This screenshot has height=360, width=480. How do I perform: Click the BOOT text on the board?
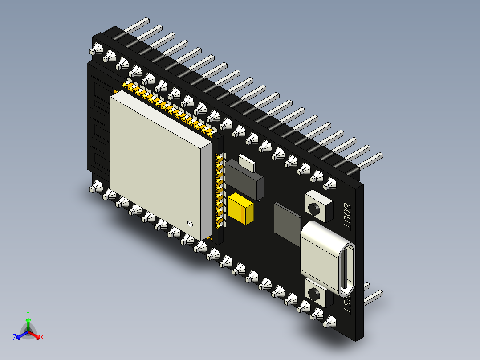[x=347, y=216]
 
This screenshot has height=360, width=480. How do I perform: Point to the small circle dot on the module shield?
[x=190, y=223]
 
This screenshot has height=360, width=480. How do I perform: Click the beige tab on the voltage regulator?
[x=247, y=163]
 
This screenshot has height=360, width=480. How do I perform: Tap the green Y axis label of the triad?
[x=28, y=313]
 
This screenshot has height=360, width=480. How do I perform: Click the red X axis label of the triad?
[x=42, y=337]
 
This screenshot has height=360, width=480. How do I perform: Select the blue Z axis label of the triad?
[x=14, y=337]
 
